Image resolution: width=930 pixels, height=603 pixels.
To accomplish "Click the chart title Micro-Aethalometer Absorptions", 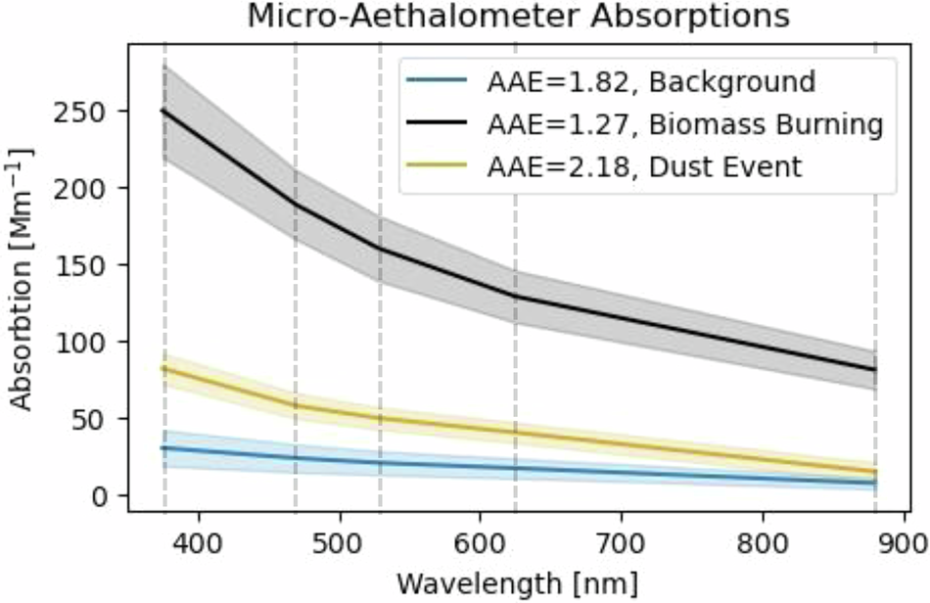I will [x=520, y=19].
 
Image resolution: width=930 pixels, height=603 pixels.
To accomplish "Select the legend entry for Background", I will [x=650, y=81].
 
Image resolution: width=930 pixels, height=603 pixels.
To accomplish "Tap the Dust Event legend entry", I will [x=644, y=166].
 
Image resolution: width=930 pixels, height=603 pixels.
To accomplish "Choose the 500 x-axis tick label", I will [x=340, y=539].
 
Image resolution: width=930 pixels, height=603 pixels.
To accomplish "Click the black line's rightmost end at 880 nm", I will [x=874, y=370].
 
